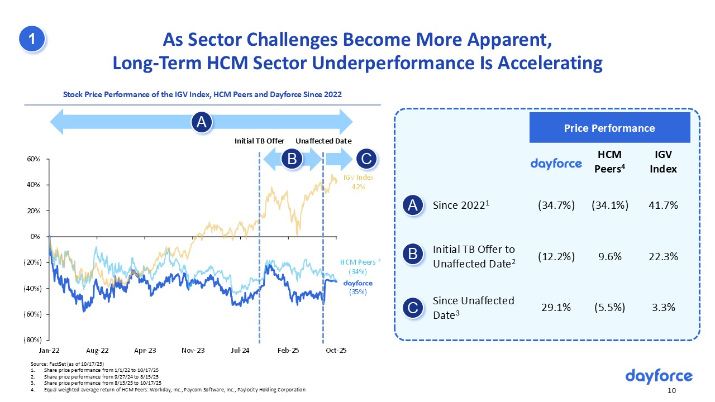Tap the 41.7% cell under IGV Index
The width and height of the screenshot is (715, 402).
tap(663, 205)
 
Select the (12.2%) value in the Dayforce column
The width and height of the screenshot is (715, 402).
tap(556, 256)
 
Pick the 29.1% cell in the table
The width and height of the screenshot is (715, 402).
tap(556, 307)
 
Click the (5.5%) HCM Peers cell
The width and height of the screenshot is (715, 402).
tap(610, 307)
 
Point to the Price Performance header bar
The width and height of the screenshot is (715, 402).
tap(609, 128)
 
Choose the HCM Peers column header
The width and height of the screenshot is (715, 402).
tap(610, 162)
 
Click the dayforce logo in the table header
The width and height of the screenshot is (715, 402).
tap(556, 163)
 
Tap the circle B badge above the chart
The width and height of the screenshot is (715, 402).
tap(292, 160)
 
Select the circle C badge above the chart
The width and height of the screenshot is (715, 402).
tap(366, 160)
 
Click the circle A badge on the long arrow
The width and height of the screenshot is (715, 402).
tap(201, 122)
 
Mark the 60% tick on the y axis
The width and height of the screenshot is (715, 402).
tap(34, 159)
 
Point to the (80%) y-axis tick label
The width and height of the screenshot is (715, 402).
tap(33, 339)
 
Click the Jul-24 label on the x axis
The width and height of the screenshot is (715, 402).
tap(240, 351)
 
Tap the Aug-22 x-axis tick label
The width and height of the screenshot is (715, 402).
tap(97, 351)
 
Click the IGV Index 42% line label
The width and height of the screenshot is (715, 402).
tap(357, 182)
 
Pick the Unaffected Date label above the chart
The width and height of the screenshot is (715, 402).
tap(323, 141)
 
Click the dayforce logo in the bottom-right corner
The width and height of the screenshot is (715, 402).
tap(659, 376)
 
